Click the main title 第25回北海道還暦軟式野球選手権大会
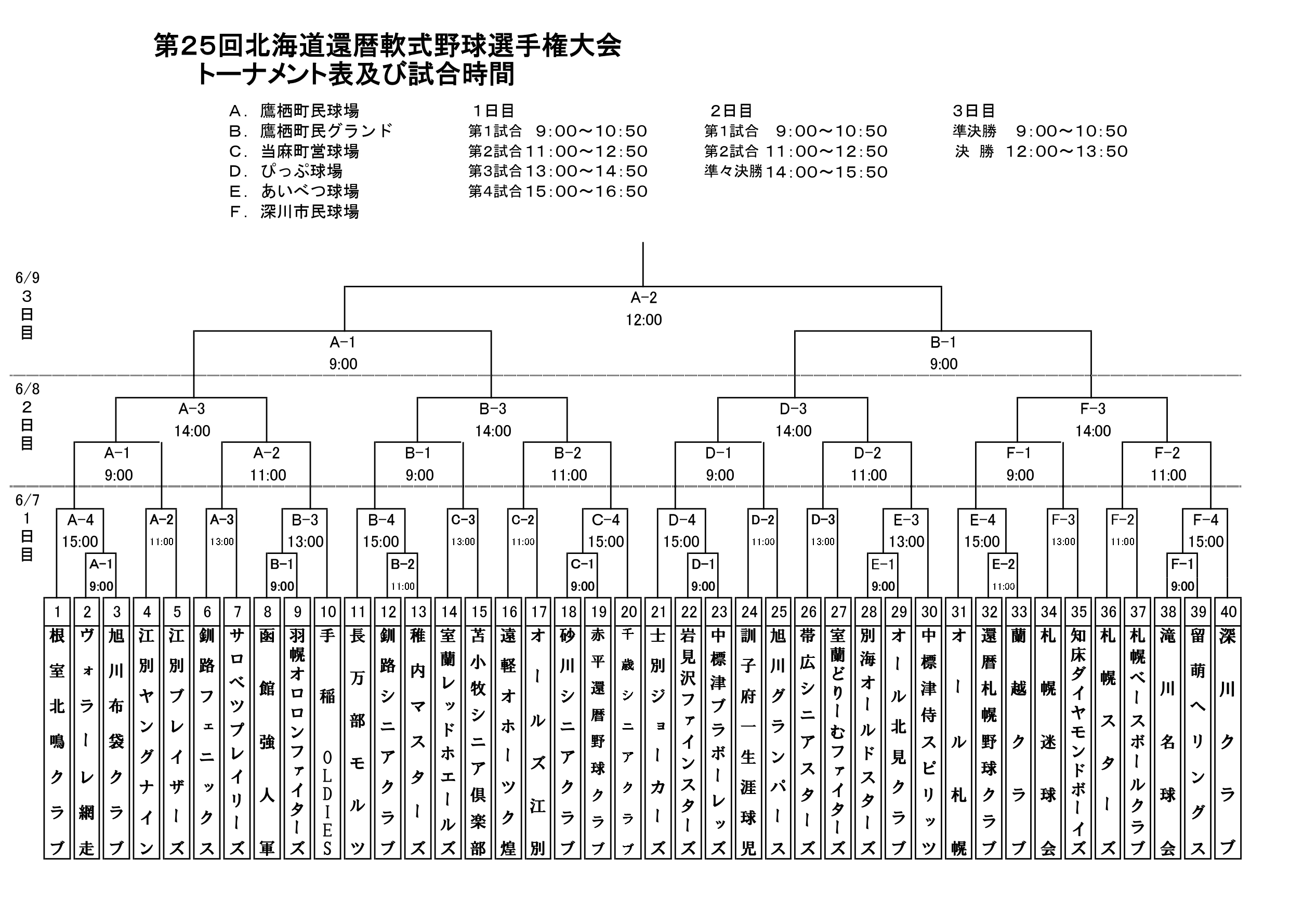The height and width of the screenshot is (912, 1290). [388, 46]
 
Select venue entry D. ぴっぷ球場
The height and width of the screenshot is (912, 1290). [286, 171]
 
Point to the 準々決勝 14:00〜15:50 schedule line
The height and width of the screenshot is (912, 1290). [796, 171]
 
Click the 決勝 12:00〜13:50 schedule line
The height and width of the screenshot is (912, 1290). [1041, 151]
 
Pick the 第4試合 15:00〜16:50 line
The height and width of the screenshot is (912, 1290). [558, 192]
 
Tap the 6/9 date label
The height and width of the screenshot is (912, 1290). [27, 278]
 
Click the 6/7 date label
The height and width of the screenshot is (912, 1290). [27, 500]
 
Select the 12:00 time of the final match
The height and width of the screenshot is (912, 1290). [644, 320]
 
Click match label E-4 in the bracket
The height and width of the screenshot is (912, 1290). [982, 520]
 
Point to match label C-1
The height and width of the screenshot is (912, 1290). [582, 564]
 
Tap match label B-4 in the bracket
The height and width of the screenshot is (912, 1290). [381, 520]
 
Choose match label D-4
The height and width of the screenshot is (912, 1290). [681, 520]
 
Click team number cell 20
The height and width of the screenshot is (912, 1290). [629, 611]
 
